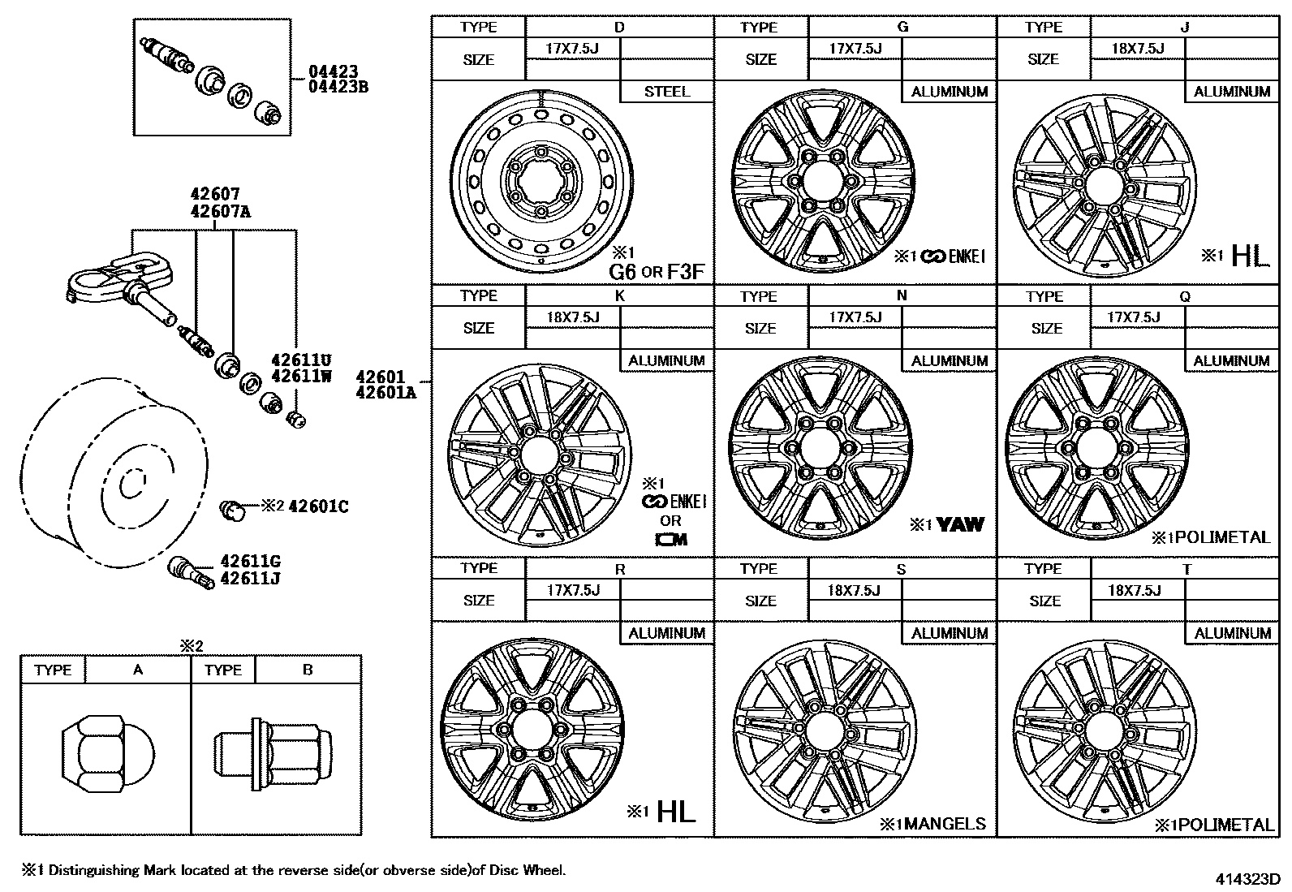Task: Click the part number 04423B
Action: click(x=338, y=87)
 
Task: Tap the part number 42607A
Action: click(x=220, y=212)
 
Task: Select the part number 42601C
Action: click(x=318, y=506)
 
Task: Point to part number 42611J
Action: click(x=250, y=579)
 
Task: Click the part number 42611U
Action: click(x=302, y=360)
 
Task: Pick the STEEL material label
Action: click(x=666, y=92)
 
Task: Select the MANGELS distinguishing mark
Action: click(x=945, y=825)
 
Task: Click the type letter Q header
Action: click(x=1185, y=296)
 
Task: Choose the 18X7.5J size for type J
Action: click(x=1138, y=49)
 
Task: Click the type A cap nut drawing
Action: click(x=94, y=753)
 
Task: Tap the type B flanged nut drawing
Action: click(x=273, y=753)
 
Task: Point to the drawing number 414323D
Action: click(x=1247, y=879)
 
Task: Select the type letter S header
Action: click(x=902, y=569)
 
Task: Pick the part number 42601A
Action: click(x=386, y=394)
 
